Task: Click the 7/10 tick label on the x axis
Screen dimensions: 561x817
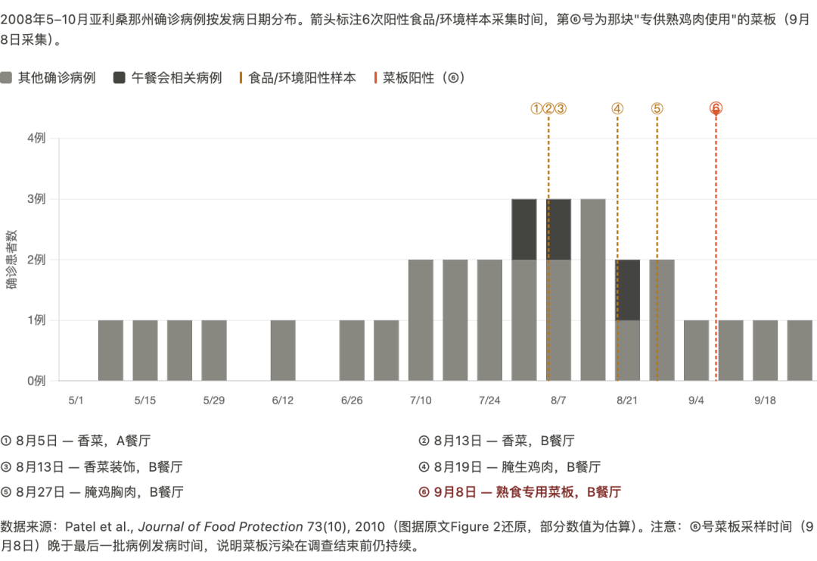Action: [x=420, y=400]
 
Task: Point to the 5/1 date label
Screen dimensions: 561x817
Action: [x=76, y=400]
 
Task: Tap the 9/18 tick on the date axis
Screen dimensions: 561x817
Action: [x=765, y=400]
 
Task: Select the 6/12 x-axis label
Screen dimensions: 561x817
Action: [x=282, y=400]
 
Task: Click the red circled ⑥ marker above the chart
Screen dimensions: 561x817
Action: [x=716, y=108]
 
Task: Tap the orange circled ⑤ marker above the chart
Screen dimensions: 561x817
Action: [x=657, y=108]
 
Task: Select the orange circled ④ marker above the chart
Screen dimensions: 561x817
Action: [x=617, y=108]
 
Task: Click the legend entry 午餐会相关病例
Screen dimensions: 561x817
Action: [x=168, y=78]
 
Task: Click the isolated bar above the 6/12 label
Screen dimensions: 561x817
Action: [x=283, y=351]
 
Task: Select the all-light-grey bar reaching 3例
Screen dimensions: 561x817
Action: [x=593, y=290]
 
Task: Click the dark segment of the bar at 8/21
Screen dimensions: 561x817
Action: [x=627, y=290]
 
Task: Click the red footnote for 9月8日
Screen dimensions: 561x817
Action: [x=520, y=492]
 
